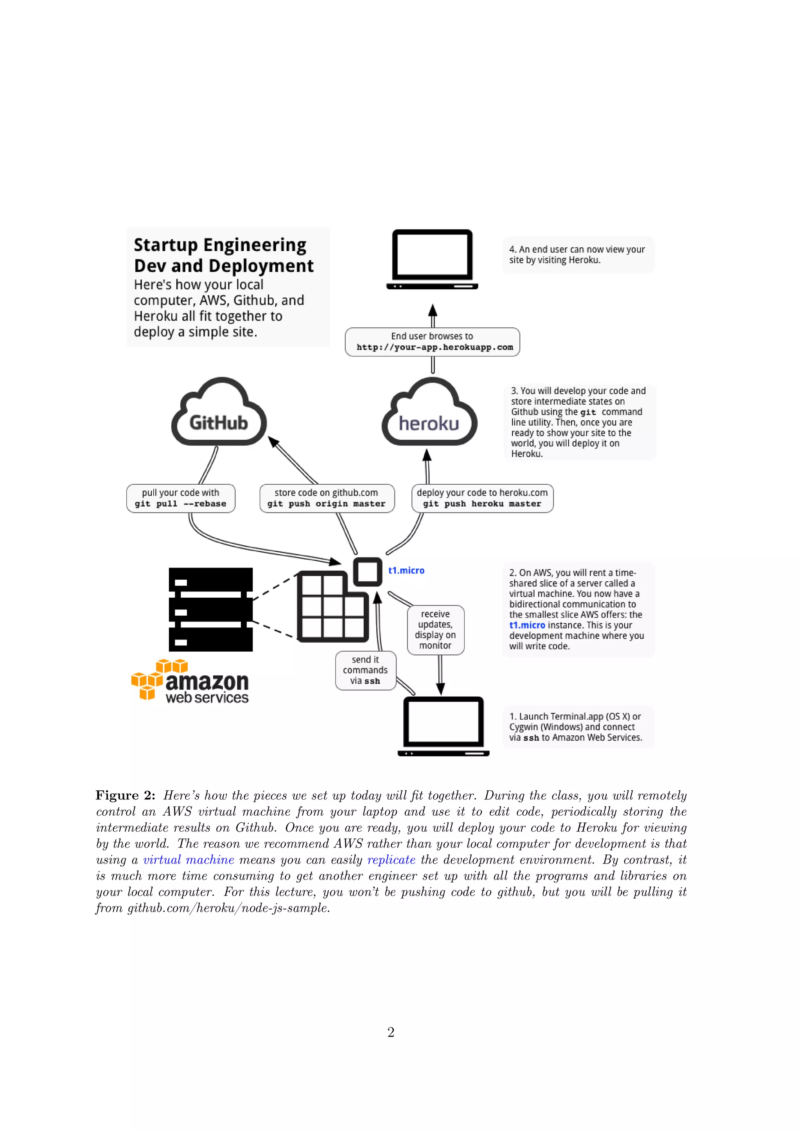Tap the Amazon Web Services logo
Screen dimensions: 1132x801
pyautogui.click(x=190, y=681)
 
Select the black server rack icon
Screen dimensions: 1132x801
pyautogui.click(x=210, y=609)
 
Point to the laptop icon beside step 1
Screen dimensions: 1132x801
pyautogui.click(x=444, y=726)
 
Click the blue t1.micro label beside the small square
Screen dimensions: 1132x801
pyautogui.click(x=406, y=570)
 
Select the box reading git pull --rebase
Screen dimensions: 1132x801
pyautogui.click(x=181, y=498)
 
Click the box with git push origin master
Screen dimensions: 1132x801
pyautogui.click(x=327, y=498)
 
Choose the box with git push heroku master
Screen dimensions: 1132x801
pyautogui.click(x=482, y=498)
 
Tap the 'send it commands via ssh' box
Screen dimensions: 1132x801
pyautogui.click(x=365, y=670)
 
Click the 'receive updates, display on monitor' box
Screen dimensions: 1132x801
pyautogui.click(x=436, y=630)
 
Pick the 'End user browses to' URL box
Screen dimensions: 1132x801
pyautogui.click(x=432, y=342)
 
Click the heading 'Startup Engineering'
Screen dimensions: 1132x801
pyautogui.click(x=220, y=245)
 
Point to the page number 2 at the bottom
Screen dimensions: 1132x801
pyautogui.click(x=391, y=1032)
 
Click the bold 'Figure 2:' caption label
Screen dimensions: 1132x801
pyautogui.click(x=125, y=795)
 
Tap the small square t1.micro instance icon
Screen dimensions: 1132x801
pyautogui.click(x=368, y=572)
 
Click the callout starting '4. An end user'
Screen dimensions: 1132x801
pyautogui.click(x=578, y=254)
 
